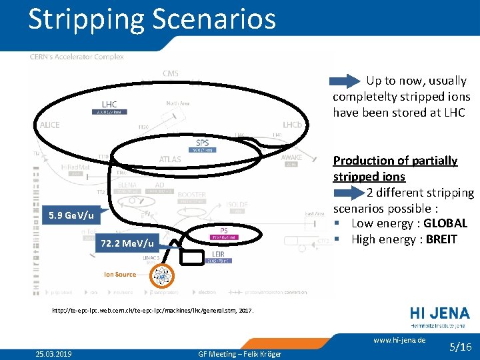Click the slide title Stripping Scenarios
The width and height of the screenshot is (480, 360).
point(152,19)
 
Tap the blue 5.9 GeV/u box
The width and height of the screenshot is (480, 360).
point(71,217)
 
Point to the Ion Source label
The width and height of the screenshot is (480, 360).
point(120,275)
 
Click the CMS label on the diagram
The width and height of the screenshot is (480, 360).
point(170,73)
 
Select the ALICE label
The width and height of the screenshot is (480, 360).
point(49,125)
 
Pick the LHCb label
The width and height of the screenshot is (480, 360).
point(292,125)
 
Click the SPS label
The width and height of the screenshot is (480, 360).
point(202,143)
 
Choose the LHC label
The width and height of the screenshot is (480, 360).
point(109,104)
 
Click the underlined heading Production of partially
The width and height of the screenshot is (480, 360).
point(395,161)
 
